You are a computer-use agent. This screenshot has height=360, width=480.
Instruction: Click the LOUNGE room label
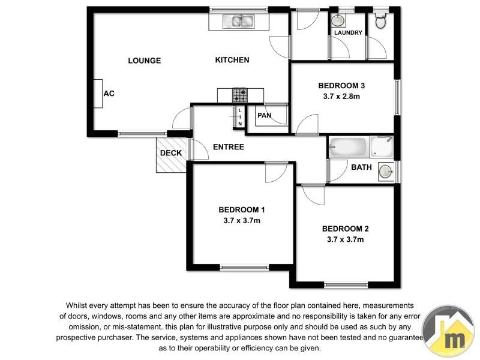click(145, 60)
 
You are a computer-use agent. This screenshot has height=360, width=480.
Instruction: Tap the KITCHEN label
click(232, 60)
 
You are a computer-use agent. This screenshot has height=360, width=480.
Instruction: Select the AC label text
click(109, 94)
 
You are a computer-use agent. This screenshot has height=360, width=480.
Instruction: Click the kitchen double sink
click(239, 22)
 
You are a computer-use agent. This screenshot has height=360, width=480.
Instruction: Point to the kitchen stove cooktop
click(240, 95)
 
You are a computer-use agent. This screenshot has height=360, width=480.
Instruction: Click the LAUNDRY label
click(348, 33)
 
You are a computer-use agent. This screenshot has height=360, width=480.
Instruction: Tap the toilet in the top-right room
click(380, 20)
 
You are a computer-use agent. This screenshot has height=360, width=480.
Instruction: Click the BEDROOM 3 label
click(341, 85)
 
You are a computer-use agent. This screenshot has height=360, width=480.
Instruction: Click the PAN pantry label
click(264, 115)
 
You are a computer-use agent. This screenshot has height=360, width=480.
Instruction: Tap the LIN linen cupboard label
click(240, 117)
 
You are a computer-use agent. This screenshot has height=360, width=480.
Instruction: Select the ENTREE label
click(229, 147)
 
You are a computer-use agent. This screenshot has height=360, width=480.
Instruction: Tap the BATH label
click(361, 167)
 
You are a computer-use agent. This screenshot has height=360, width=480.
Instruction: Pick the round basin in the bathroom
click(386, 172)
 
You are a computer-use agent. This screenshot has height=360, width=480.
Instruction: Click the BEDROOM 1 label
click(241, 210)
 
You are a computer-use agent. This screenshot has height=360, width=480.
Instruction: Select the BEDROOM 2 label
click(345, 229)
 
